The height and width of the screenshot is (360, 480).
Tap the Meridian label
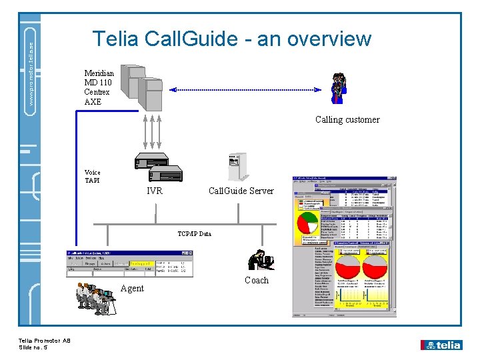point(99,73)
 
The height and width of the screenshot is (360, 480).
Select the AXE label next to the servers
point(93,101)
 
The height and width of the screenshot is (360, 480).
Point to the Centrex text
point(97,92)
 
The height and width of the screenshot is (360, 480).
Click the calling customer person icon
point(338,88)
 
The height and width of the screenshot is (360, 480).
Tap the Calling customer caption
point(347,120)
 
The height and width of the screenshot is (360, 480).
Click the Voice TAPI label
point(93,176)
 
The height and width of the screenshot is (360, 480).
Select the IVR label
point(154,191)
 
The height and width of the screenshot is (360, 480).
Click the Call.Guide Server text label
point(241,191)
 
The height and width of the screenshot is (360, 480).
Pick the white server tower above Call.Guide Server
point(237,167)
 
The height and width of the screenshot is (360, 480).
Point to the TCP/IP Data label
point(194,233)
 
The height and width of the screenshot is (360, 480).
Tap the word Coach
point(257,280)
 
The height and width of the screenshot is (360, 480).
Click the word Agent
point(132,288)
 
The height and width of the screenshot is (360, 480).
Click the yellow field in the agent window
point(141,265)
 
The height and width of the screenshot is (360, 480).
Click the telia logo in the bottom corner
point(441,345)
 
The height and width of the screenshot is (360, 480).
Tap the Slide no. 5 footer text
point(35,348)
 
